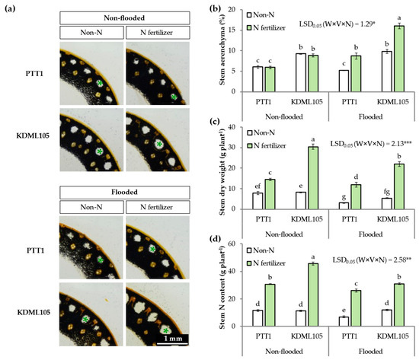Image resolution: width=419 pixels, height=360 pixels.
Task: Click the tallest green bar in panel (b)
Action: pos(399,59)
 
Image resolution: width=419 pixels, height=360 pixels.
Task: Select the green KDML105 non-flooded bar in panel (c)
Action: pos(313,178)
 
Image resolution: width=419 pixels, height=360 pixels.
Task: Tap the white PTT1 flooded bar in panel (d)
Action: pos(344,321)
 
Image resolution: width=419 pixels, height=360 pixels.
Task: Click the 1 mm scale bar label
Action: pos(173,339)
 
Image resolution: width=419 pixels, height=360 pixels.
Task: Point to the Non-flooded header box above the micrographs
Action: pos(124,18)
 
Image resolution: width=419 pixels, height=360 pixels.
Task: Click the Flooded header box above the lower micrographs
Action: pos(124,193)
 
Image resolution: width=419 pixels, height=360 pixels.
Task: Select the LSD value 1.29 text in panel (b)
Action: pos(337,24)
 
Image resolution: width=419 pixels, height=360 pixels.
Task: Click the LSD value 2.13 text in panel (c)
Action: pos(371,144)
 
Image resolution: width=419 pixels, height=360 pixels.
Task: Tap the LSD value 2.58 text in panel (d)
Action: pos(372,260)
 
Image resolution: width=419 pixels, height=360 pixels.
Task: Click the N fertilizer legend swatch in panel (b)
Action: pos(249,27)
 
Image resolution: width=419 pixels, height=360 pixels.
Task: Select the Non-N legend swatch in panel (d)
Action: pos(249,250)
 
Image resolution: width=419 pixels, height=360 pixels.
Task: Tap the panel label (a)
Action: pos(10,8)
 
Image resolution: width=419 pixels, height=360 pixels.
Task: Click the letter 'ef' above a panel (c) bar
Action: pos(257,186)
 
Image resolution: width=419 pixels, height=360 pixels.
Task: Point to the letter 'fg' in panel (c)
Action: pos(387,192)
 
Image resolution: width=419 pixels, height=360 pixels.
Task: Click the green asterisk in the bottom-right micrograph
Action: pos(165,331)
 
